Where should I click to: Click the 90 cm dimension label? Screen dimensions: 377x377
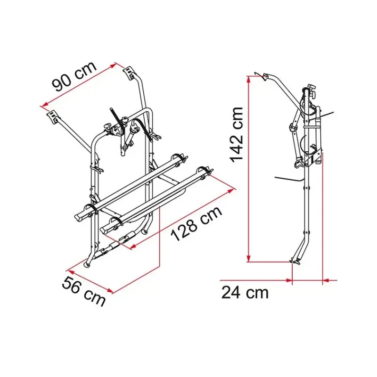coord(74,76)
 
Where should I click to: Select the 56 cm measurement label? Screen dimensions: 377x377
coord(83,291)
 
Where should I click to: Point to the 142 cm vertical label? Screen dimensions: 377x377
coord(237,135)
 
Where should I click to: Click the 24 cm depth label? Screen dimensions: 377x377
coord(245,293)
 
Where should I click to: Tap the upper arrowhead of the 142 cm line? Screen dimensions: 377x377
coord(249,80)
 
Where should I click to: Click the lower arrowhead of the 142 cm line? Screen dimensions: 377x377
coord(249,258)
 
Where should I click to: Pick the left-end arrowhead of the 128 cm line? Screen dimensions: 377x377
coord(133,246)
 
